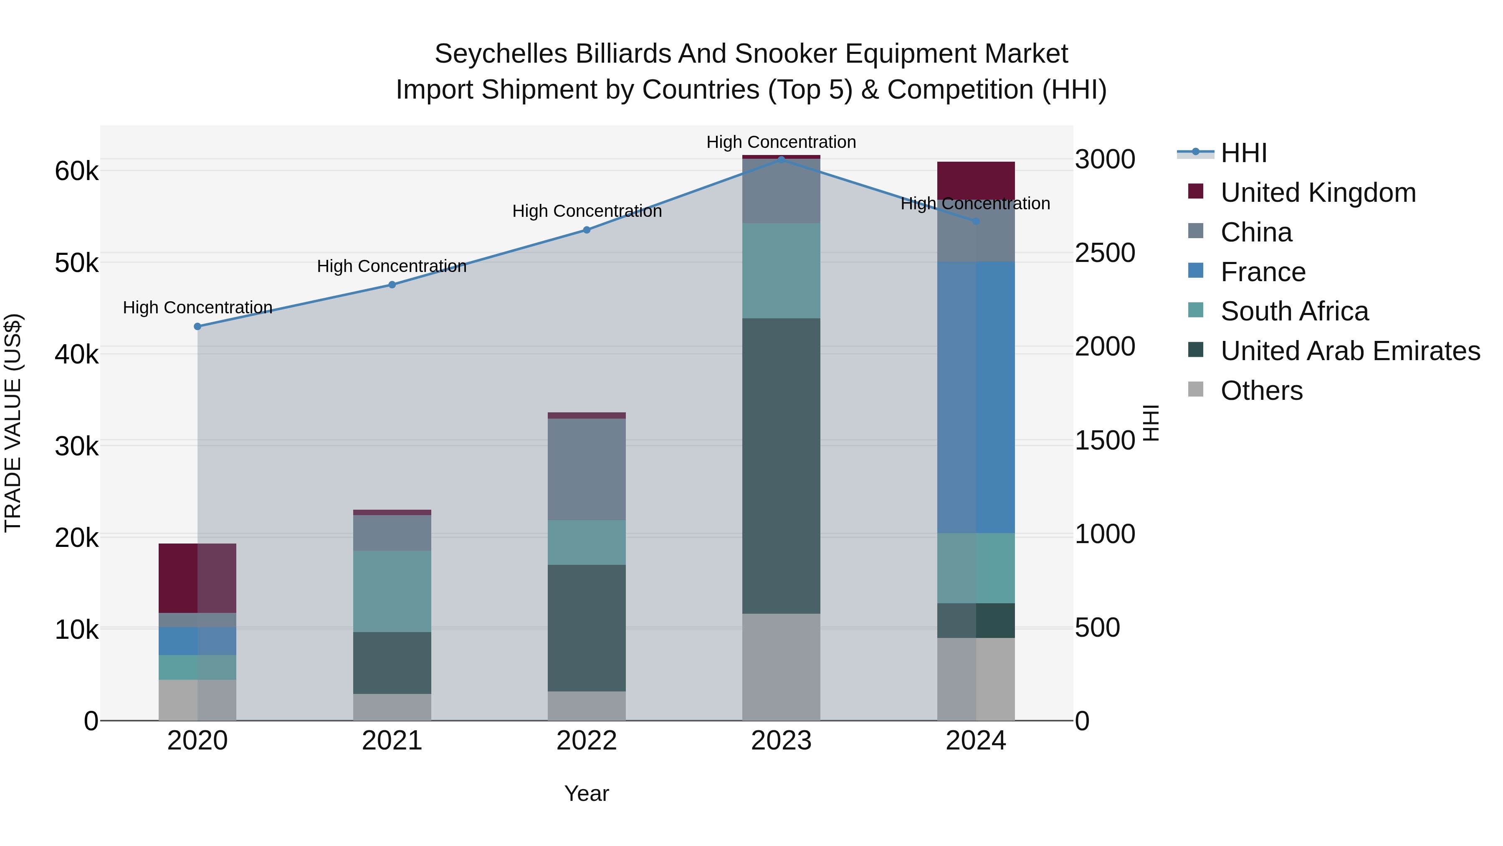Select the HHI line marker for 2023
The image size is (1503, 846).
[x=781, y=160]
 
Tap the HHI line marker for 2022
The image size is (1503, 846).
[x=587, y=230]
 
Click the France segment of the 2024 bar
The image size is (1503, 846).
[x=976, y=397]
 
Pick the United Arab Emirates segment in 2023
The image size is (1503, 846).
[x=781, y=465]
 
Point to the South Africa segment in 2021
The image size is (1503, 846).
[x=392, y=591]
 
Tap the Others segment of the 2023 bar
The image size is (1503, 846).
[x=781, y=667]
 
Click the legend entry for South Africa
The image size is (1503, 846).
[x=1294, y=311]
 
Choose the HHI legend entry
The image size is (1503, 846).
[x=1243, y=153]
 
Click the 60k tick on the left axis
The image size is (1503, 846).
[x=76, y=171]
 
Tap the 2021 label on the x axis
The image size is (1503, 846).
[x=392, y=741]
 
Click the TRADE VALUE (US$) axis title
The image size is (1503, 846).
[x=13, y=423]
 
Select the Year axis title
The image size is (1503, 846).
[x=587, y=793]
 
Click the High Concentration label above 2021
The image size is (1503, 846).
[x=392, y=266]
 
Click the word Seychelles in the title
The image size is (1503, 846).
[x=500, y=54]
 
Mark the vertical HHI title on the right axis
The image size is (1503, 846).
[x=1151, y=423]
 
